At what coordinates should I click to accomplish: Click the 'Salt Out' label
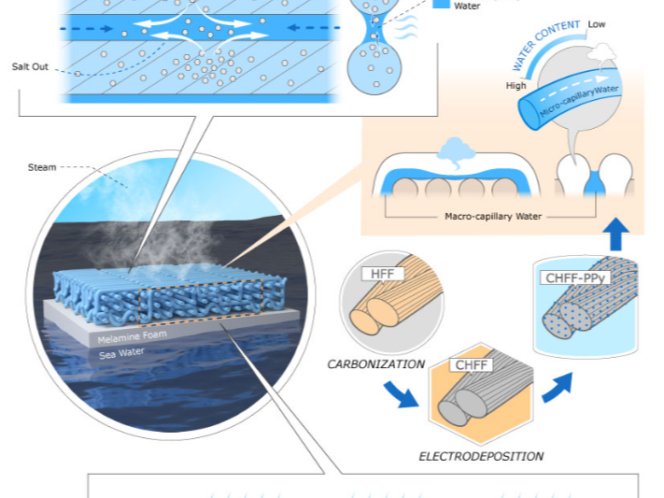29,67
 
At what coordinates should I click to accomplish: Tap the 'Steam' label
41,168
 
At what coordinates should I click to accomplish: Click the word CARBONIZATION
376,363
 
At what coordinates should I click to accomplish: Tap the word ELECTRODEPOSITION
480,457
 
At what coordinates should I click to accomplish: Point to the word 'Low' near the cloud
597,23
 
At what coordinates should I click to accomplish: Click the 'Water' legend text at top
467,7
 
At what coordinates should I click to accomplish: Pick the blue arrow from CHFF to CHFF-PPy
558,382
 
